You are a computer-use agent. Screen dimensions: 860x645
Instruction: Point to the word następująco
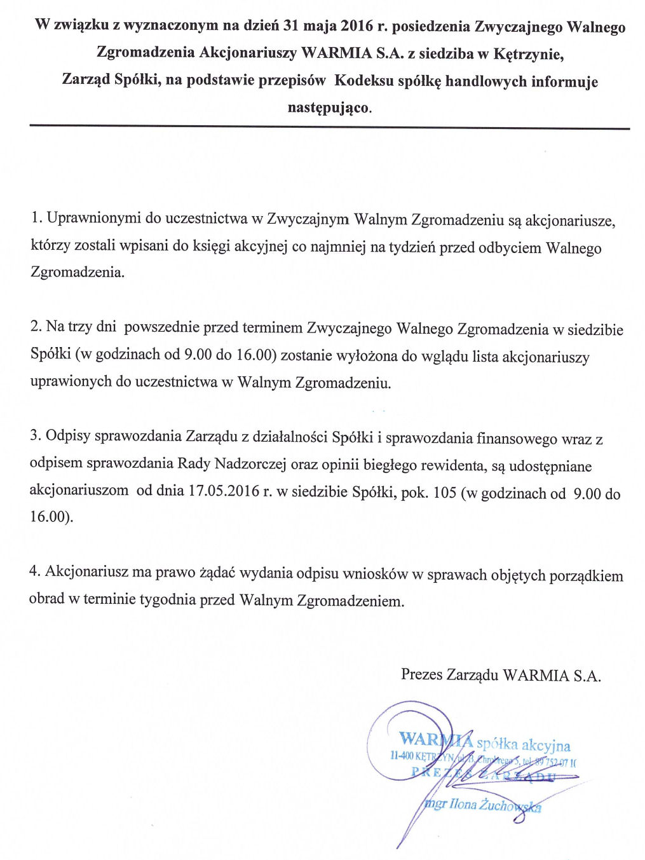pyautogui.click(x=329, y=107)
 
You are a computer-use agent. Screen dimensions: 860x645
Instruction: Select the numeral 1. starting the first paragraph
pyautogui.click(x=36, y=218)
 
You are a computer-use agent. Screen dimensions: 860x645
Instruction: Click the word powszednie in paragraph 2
pyautogui.click(x=161, y=327)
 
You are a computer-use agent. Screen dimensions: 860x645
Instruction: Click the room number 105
pyautogui.click(x=444, y=493)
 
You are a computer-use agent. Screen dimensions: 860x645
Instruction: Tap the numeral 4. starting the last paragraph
pyautogui.click(x=35, y=571)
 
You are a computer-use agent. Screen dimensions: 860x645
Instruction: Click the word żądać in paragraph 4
pyautogui.click(x=217, y=572)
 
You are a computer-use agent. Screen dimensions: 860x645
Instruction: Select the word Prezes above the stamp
pyautogui.click(x=421, y=674)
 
